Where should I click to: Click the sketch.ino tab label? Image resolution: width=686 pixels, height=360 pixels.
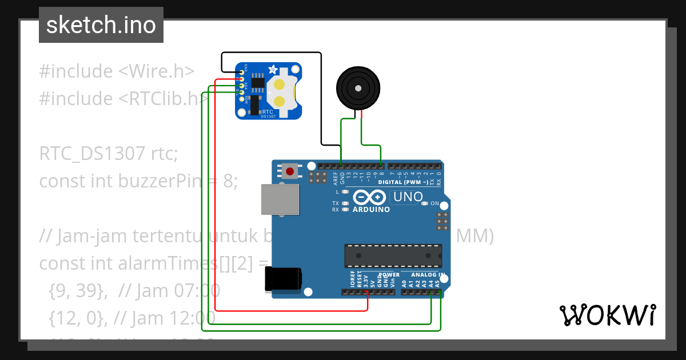click(x=101, y=25)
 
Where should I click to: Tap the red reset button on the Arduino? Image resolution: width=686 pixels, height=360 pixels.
click(x=290, y=170)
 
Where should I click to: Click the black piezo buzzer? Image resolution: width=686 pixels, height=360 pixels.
click(x=357, y=89)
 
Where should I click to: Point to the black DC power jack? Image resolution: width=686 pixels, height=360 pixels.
click(x=282, y=279)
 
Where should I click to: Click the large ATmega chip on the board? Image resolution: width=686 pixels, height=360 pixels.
click(x=393, y=255)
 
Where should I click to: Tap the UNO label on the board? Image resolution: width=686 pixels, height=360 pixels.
click(x=408, y=197)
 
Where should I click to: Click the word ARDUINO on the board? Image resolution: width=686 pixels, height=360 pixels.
click(x=372, y=210)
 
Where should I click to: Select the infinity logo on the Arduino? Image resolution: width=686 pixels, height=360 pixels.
click(x=370, y=198)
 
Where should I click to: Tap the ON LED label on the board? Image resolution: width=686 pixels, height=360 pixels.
click(x=434, y=203)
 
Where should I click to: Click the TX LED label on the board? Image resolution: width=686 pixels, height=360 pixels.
click(x=336, y=203)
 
